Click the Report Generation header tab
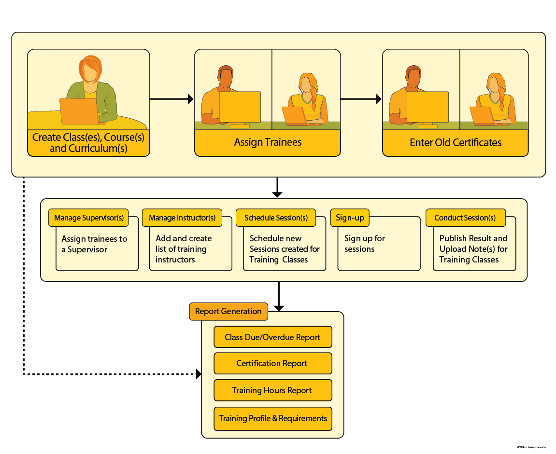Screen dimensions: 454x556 [228, 311]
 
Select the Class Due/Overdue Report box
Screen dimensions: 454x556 [273, 337]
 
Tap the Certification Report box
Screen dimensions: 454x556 [273, 363]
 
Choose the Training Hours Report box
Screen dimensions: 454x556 [273, 390]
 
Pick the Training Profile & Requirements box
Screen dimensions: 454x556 [273, 418]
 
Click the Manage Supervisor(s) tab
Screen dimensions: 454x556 [89, 218]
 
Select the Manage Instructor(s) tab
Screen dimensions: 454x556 [182, 218]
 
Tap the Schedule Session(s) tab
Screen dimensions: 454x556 [276, 218]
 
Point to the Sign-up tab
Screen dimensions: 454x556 [350, 218]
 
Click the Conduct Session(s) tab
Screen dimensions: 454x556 [465, 218]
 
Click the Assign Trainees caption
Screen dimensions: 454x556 [268, 142]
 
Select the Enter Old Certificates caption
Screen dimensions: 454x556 [456, 143]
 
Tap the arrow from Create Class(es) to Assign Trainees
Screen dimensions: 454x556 [171, 99]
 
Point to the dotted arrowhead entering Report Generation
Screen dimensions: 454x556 [199, 374]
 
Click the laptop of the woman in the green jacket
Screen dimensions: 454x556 [79, 111]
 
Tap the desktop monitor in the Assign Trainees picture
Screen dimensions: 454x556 [240, 107]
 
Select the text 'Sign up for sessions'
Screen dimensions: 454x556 [364, 244]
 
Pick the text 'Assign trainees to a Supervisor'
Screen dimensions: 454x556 [94, 244]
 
